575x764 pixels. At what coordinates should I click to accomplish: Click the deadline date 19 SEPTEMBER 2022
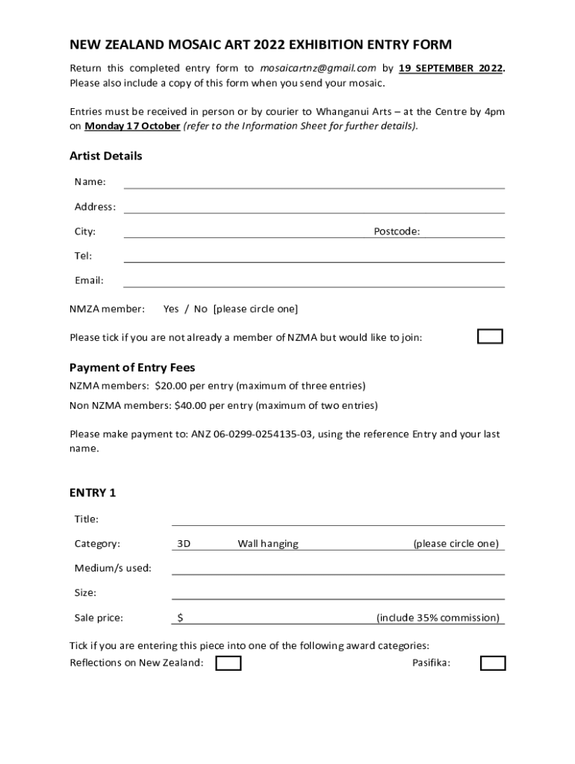pos(450,68)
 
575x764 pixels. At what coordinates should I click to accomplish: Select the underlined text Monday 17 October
pos(132,126)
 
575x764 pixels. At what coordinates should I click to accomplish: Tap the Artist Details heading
pos(105,156)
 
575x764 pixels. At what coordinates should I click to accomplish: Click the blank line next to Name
pos(314,183)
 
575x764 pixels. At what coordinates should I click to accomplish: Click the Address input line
pos(314,207)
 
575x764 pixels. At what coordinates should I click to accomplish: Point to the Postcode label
pos(397,232)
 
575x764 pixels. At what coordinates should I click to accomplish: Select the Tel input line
pos(314,257)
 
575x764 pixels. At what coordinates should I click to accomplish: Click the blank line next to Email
pos(314,281)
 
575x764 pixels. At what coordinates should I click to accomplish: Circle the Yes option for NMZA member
pos(171,309)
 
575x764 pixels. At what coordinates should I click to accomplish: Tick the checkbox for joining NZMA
pos(490,336)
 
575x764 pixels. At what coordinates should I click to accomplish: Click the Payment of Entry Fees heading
pos(132,367)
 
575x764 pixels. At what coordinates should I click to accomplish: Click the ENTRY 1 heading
pos(93,493)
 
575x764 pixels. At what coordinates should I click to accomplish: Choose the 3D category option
pos(184,544)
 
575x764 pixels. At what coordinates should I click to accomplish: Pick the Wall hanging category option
pos(268,544)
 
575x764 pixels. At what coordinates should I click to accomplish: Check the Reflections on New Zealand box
pos(229,663)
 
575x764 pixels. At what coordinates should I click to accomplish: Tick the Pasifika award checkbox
pos(493,663)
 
